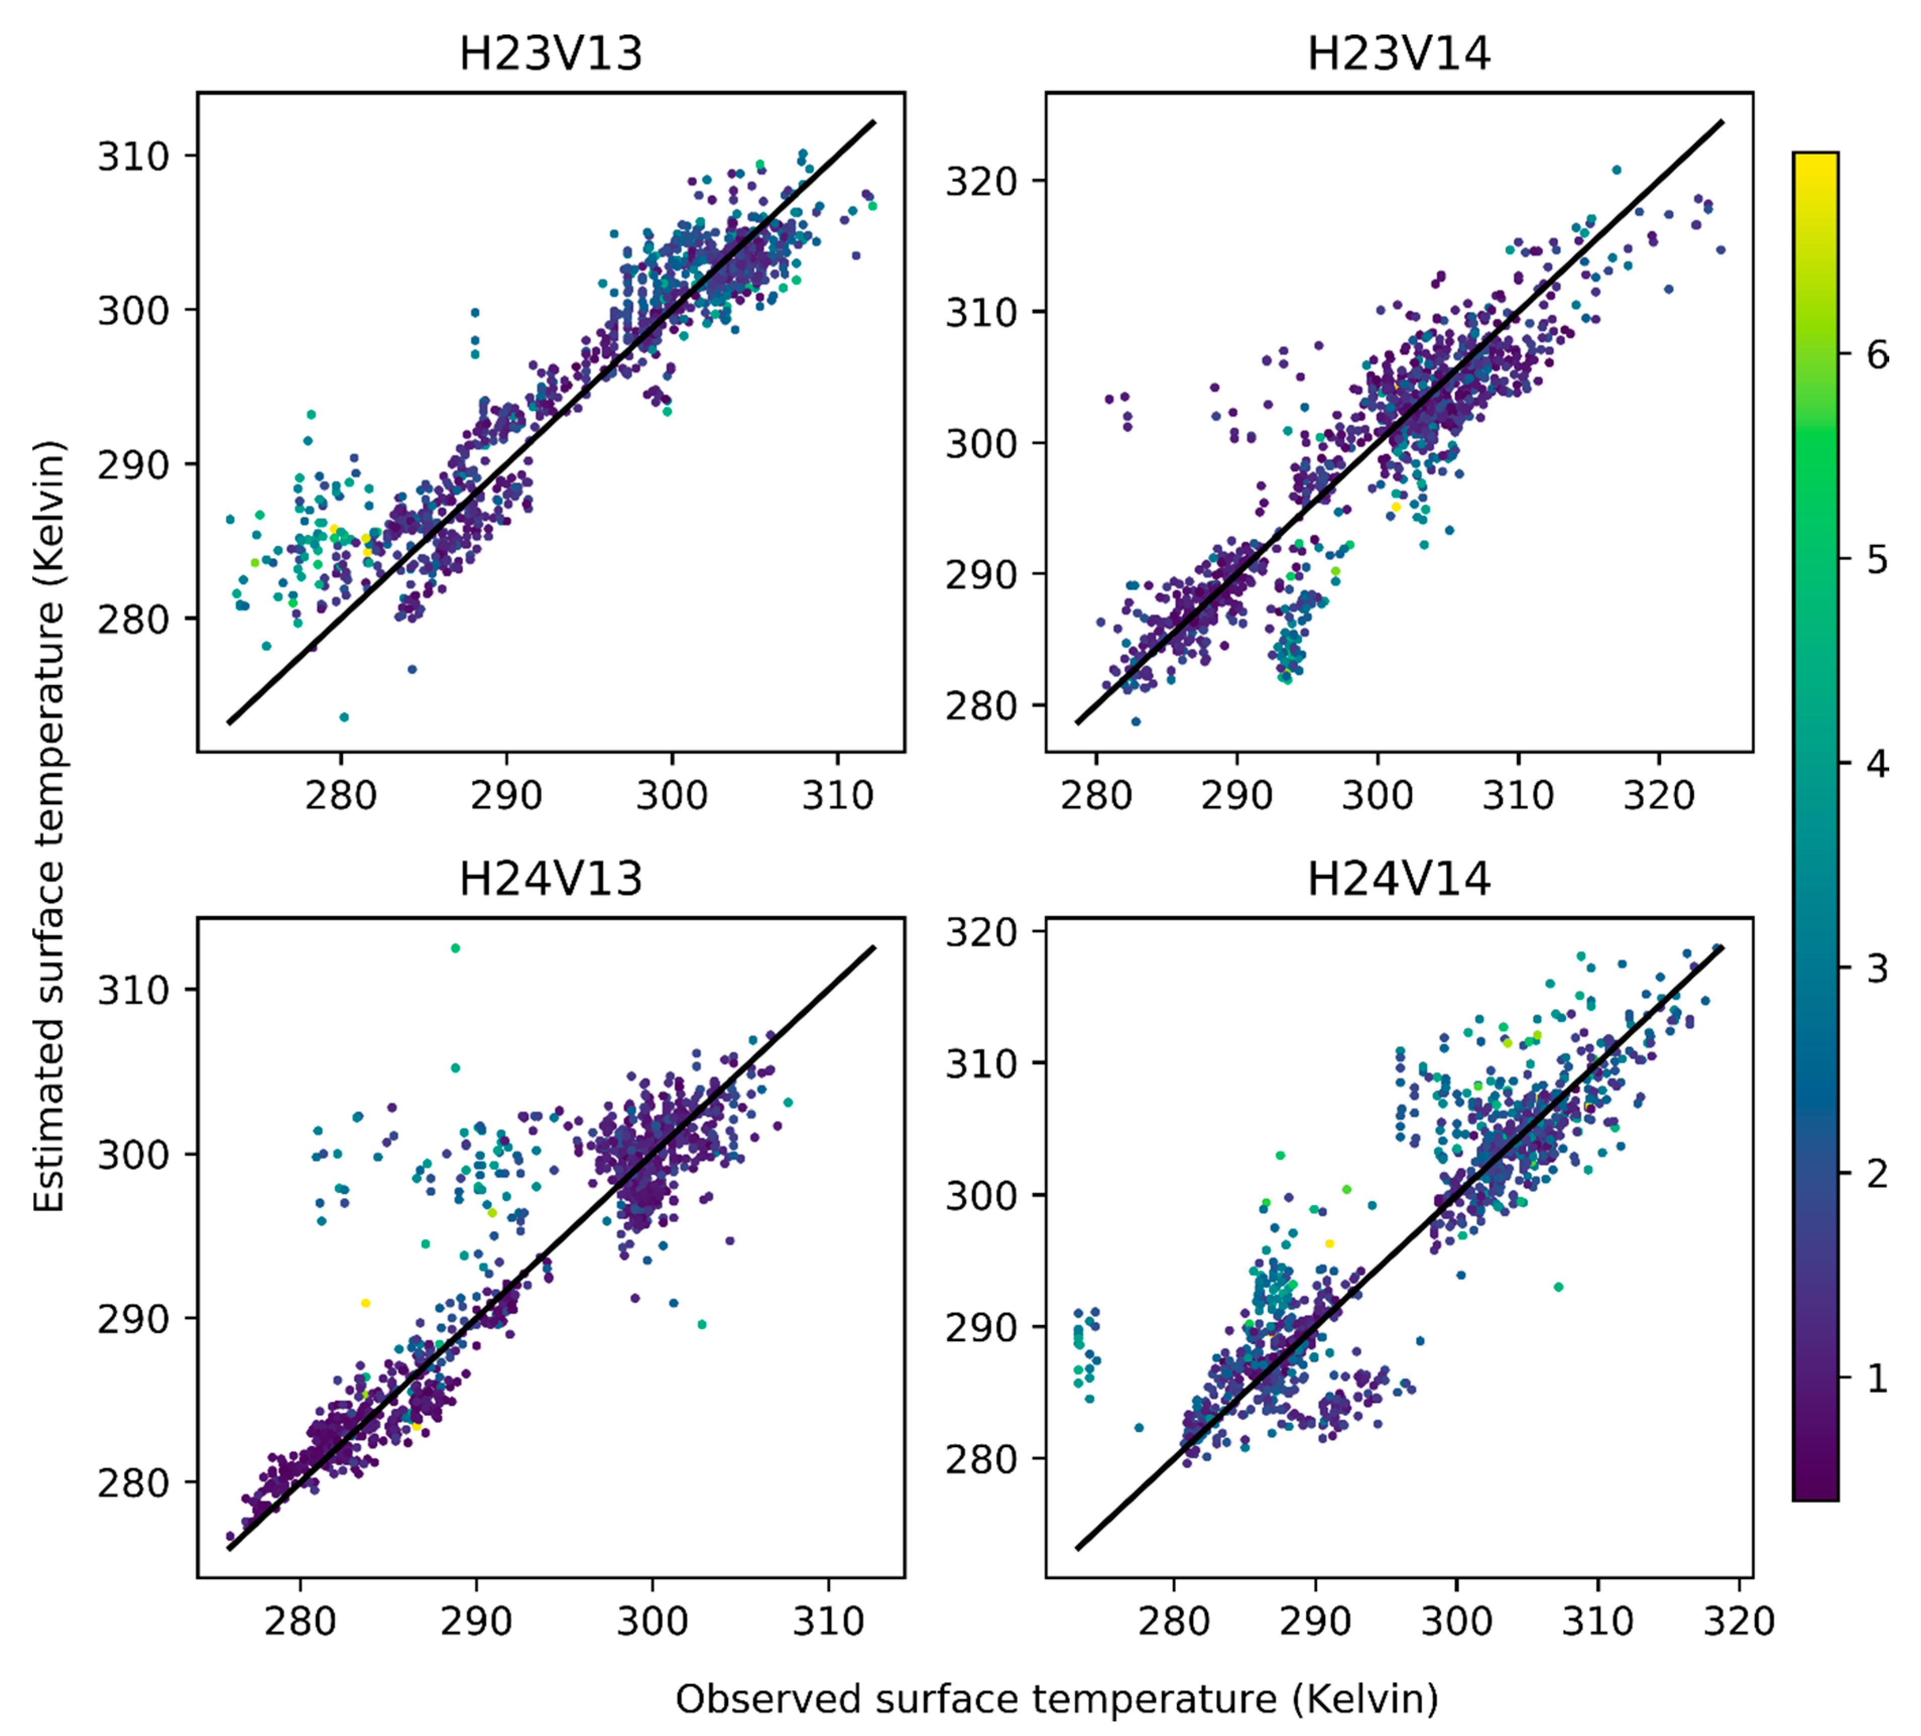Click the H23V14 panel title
pos(1398,53)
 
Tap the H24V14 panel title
pos(1398,879)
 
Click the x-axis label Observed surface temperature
pos(1057,1699)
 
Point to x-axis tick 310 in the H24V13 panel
pos(828,1621)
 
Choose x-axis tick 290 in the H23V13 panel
pos(506,795)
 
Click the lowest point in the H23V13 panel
pos(344,717)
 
